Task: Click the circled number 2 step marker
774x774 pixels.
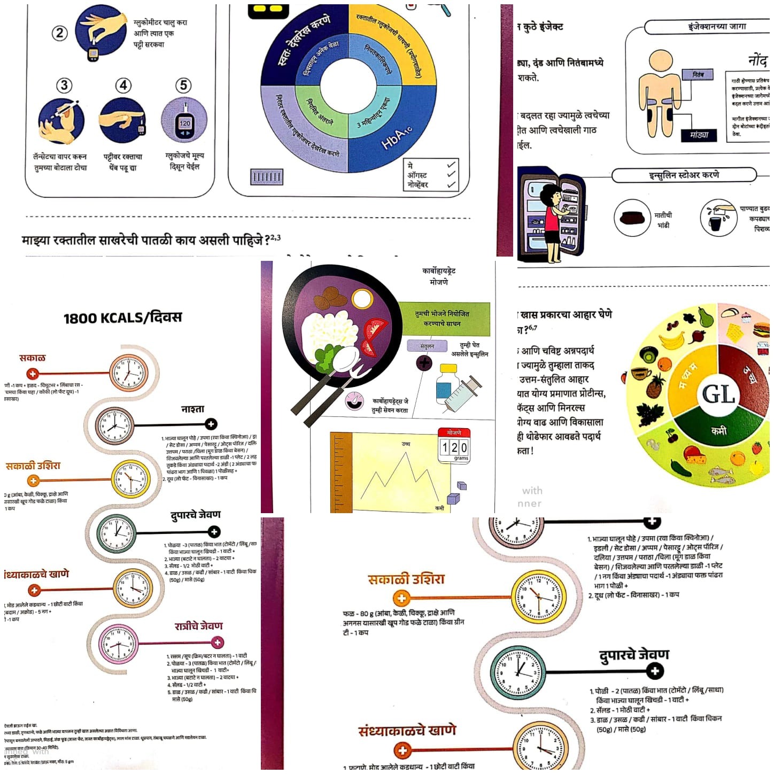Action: (x=60, y=33)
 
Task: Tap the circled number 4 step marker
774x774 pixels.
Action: (x=123, y=85)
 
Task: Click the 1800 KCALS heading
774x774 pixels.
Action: (x=122, y=318)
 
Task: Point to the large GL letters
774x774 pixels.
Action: (x=718, y=394)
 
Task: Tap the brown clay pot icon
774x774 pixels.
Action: (x=632, y=218)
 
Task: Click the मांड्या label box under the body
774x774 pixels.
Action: (x=699, y=135)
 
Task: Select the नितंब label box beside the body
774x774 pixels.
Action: (x=698, y=75)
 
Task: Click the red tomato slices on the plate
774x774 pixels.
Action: (x=375, y=336)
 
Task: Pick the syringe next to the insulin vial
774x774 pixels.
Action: (x=463, y=393)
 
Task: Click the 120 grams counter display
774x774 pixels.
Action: (x=454, y=447)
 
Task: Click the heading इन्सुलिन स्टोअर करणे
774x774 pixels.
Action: (x=684, y=175)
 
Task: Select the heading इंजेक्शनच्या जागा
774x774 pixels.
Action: (x=716, y=26)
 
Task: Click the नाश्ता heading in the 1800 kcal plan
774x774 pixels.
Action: (x=192, y=409)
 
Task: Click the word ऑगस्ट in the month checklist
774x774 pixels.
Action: (x=417, y=175)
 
